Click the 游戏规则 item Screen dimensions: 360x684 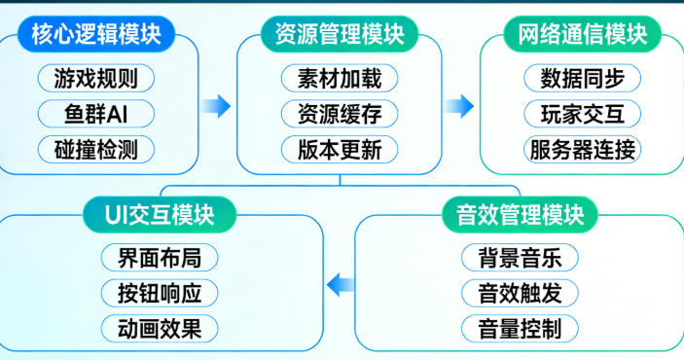coord(95,77)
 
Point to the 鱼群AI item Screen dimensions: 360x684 coord(95,113)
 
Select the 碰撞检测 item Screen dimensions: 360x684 coord(95,149)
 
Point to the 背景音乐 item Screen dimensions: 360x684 coord(520,258)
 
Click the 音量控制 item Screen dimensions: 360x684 coord(520,328)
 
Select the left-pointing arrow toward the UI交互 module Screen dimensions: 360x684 coord(340,284)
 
